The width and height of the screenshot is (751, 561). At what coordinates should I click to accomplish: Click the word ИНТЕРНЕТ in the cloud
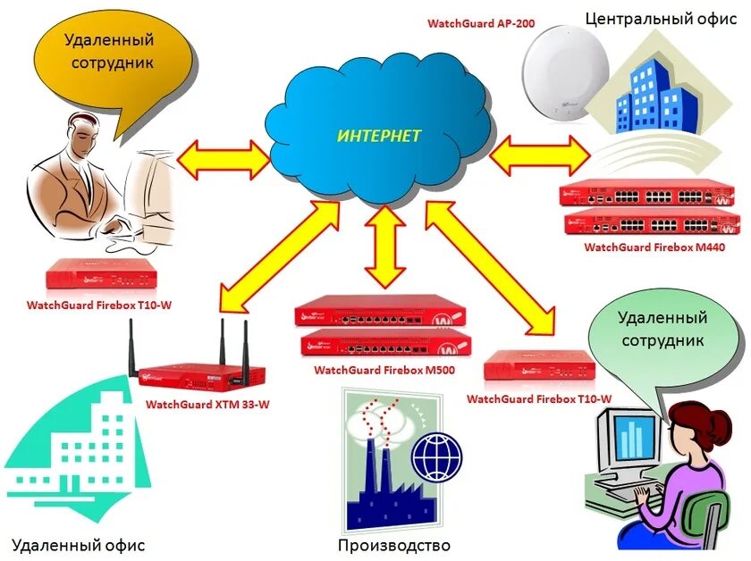click(379, 136)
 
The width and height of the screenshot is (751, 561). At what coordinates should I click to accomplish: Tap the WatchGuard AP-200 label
click(481, 23)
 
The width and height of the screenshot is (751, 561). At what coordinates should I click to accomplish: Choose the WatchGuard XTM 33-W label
click(207, 404)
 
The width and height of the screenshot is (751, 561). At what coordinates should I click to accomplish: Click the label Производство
click(393, 545)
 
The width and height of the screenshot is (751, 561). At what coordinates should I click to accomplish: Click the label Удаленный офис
click(78, 545)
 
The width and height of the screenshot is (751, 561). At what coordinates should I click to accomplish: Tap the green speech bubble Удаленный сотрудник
click(661, 331)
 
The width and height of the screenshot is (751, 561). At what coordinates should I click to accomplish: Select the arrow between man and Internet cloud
click(224, 159)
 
